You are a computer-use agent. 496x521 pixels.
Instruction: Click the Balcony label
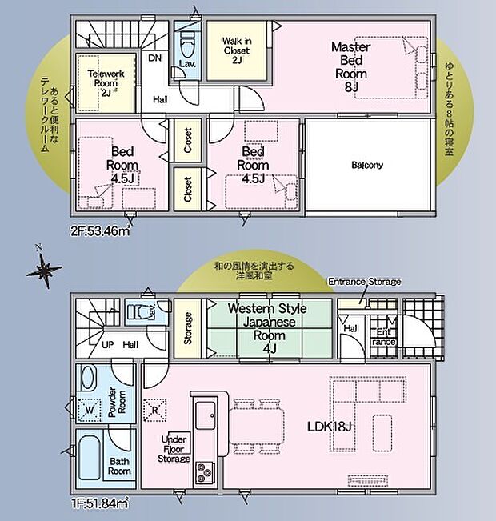point(367,166)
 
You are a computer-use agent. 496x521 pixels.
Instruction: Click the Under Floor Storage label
point(174,448)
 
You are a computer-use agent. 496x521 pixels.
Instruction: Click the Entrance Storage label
point(365,282)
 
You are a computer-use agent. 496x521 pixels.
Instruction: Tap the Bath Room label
point(119,466)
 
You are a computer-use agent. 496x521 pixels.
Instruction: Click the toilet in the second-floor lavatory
point(187,39)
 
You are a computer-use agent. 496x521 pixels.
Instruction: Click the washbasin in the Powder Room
point(89,378)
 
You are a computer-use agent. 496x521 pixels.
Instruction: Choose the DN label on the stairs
point(154,58)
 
